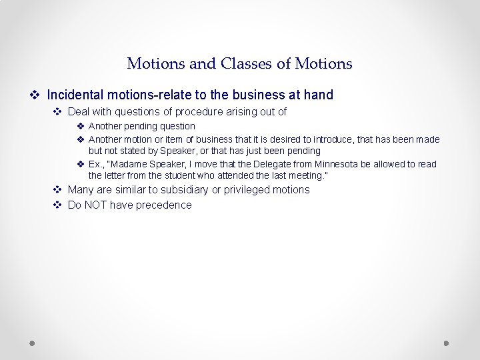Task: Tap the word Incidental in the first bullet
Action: pos(76,95)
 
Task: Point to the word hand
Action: pos(318,95)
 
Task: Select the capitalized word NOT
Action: pos(96,205)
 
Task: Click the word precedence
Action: pos(163,205)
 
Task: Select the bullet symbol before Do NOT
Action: pos(57,205)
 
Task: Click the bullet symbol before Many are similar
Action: pos(57,190)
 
